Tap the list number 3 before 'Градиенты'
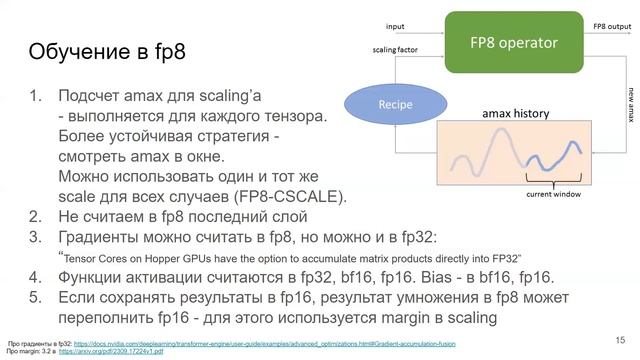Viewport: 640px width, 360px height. point(35,237)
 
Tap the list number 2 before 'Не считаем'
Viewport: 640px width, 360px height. point(35,216)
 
